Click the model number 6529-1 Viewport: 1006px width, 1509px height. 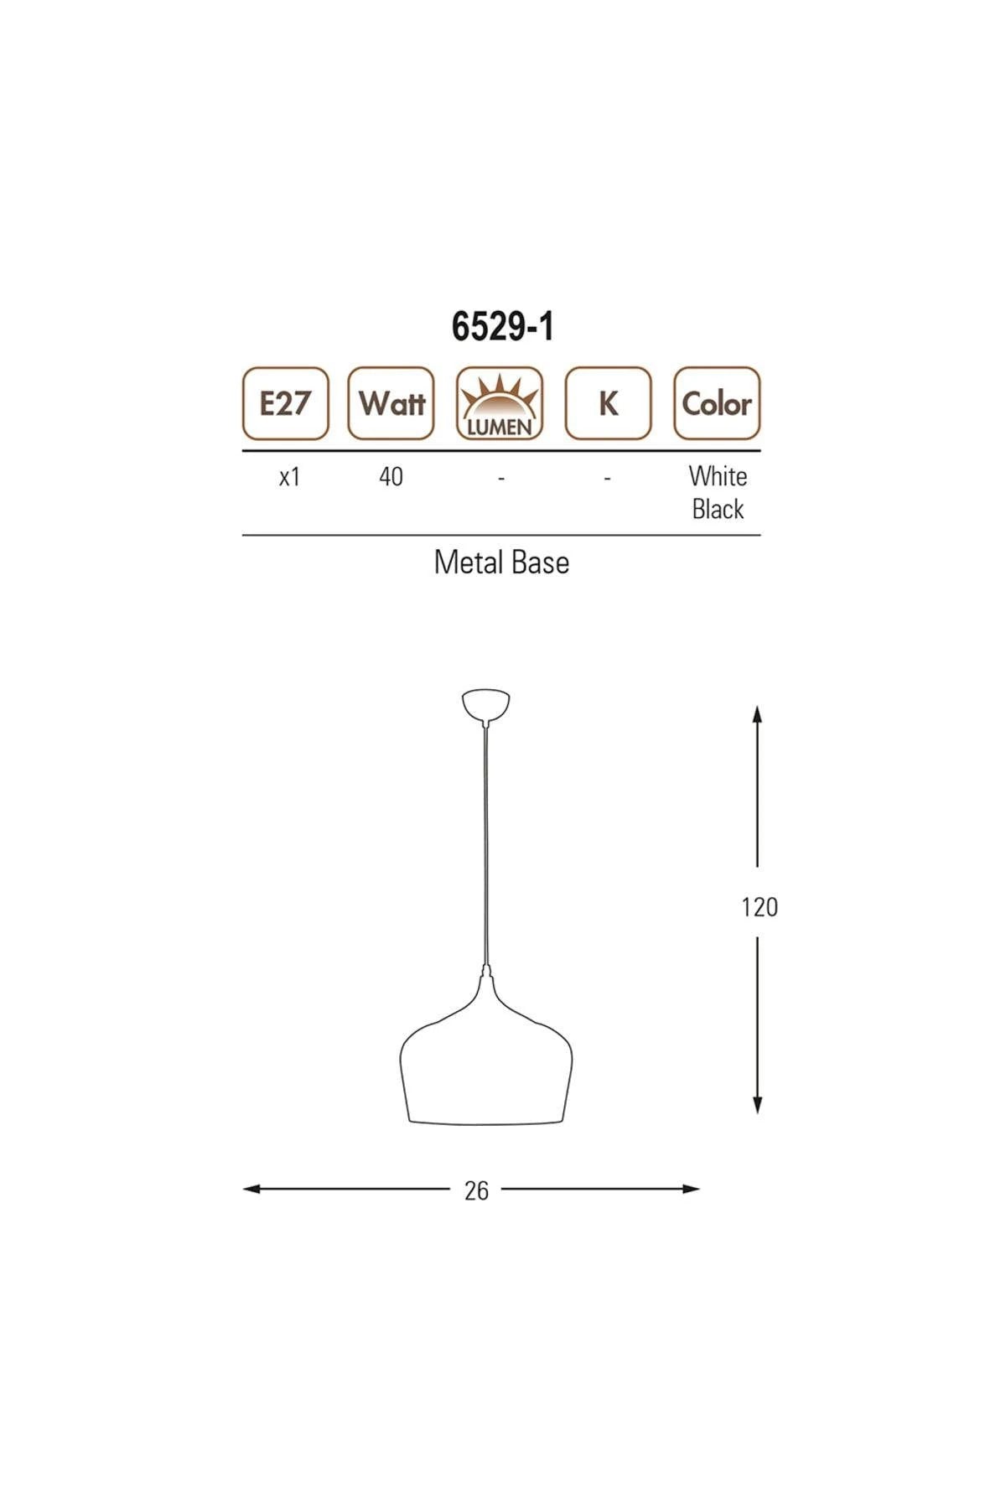pos(502,326)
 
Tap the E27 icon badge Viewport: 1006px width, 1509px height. pos(286,403)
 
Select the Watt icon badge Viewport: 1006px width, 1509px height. pos(392,403)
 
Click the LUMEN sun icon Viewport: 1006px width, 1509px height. pos(500,403)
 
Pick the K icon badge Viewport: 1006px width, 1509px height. pos(608,403)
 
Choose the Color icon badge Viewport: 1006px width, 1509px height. pos(717,403)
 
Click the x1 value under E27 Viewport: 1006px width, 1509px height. pos(289,477)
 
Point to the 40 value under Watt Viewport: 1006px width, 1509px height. pos(392,477)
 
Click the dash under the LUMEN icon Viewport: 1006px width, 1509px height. pos(500,479)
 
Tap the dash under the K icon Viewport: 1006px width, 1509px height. pos(607,479)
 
